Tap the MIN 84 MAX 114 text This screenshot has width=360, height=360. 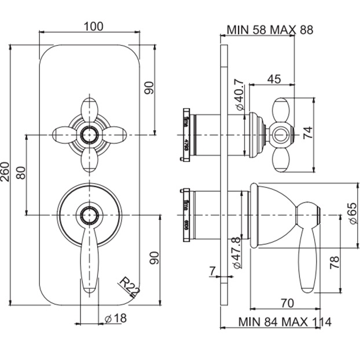tap(284, 322)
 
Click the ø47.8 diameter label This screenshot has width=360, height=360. tap(236, 252)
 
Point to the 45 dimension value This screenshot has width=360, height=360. tap(275, 79)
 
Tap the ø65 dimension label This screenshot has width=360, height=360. tap(351, 214)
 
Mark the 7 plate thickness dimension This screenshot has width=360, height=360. tap(213, 270)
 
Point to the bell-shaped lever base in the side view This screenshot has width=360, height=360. tap(272, 214)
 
